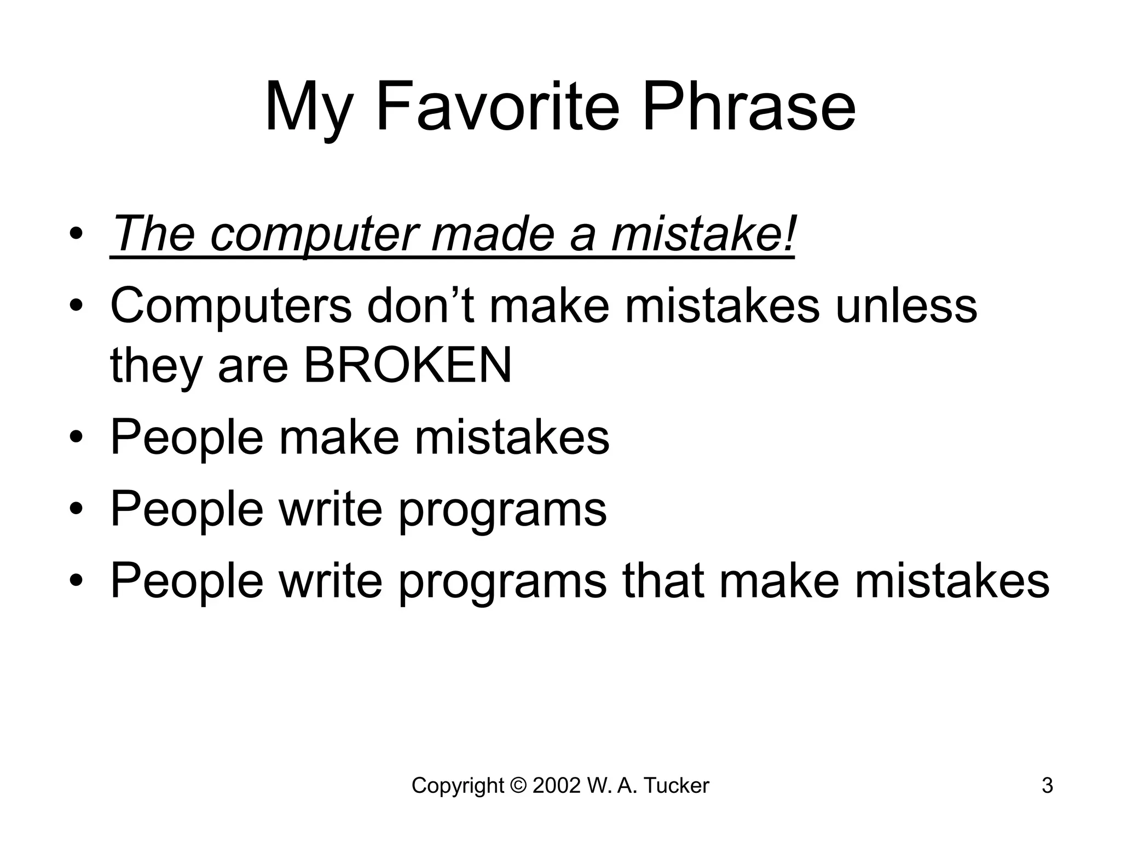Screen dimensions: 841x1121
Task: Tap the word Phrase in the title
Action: (749, 107)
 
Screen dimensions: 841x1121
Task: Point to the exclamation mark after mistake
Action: (788, 232)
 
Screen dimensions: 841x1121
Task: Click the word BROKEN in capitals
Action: (408, 366)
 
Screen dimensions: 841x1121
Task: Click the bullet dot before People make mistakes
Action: (77, 438)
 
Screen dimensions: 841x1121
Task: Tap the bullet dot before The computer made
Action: (77, 234)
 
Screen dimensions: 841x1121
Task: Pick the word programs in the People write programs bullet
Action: (502, 510)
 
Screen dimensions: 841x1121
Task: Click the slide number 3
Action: (1047, 786)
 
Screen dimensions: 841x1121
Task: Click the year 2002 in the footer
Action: (556, 786)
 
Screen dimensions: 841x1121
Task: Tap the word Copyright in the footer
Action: (458, 786)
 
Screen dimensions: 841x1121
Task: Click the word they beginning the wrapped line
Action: (157, 366)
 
